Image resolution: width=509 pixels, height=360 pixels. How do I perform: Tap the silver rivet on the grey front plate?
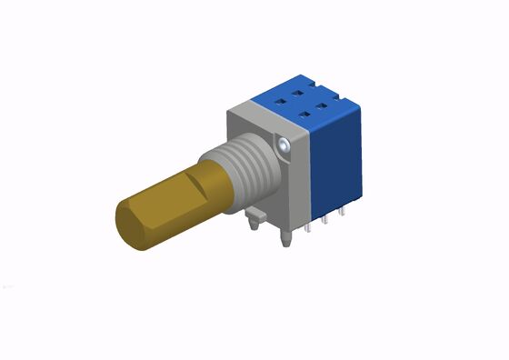click(286, 144)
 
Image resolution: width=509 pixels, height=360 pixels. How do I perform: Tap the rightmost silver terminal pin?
click(342, 211)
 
